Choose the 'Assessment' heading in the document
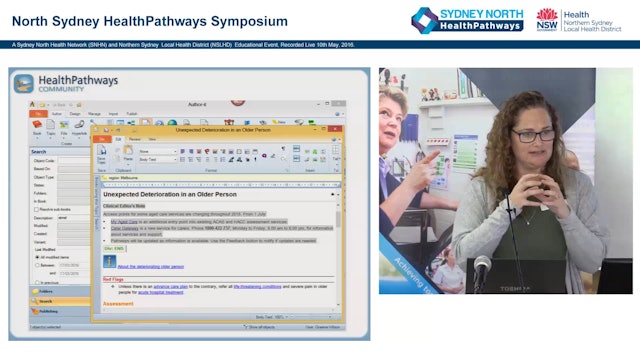coord(119,303)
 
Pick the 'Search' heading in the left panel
coord(39,152)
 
